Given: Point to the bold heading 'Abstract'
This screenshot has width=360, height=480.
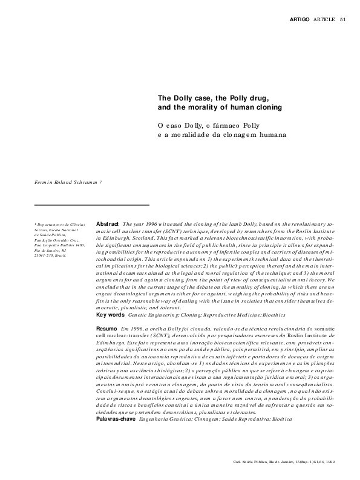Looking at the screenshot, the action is [x=107, y=224].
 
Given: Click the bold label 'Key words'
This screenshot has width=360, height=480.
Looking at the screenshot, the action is [x=110, y=315].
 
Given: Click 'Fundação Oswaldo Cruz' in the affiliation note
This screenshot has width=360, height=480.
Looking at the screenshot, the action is [x=56, y=240].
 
